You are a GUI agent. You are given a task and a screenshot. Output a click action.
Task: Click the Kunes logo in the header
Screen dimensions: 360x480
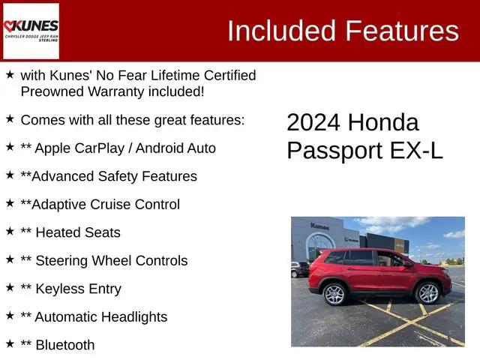pos(31,31)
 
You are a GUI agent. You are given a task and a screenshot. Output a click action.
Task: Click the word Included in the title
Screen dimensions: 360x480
pos(281,31)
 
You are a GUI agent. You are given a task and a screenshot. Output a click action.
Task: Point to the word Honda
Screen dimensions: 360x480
pos(384,122)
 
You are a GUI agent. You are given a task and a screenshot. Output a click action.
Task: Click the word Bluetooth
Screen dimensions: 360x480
pos(65,345)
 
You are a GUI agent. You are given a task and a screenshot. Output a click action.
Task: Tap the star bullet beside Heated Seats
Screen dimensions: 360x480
pos(10,232)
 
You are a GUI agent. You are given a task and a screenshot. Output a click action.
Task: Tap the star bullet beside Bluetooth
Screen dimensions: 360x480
pos(10,344)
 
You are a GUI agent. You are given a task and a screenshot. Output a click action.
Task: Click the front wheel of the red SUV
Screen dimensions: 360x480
pos(427,292)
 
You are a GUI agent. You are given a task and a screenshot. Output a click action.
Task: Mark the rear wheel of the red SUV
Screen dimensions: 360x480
pos(334,294)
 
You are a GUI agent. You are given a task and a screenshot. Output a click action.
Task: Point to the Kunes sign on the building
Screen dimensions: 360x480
pos(320,226)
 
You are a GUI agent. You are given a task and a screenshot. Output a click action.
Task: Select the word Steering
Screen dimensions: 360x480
pos(62,261)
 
